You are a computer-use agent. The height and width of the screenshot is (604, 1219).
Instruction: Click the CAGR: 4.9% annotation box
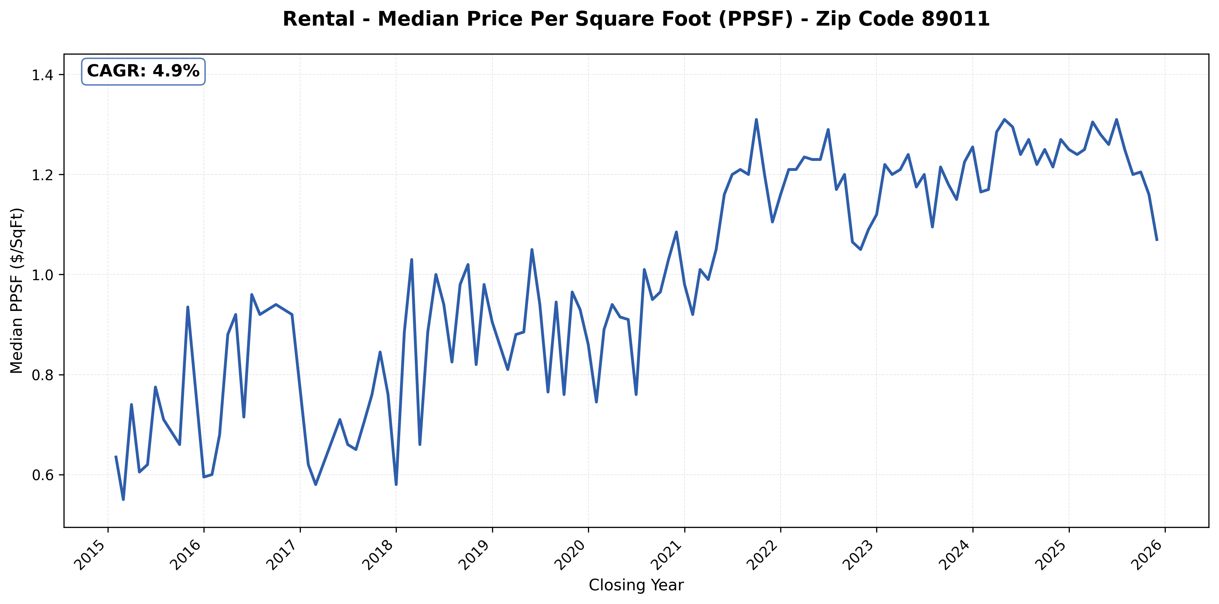pos(143,71)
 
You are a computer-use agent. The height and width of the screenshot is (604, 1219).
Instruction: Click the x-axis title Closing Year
pos(636,585)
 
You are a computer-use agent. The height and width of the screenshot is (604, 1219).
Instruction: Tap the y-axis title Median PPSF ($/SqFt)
pos(17,290)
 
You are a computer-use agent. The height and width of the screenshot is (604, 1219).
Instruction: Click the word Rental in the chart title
pos(319,19)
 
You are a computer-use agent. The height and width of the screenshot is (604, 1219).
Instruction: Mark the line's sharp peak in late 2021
pos(756,120)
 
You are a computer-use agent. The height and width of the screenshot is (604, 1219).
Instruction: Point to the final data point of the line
pos(1157,240)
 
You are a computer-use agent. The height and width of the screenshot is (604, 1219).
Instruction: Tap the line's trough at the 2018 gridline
pos(396,484)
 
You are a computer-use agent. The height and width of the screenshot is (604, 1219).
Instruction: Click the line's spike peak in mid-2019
pos(532,249)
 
